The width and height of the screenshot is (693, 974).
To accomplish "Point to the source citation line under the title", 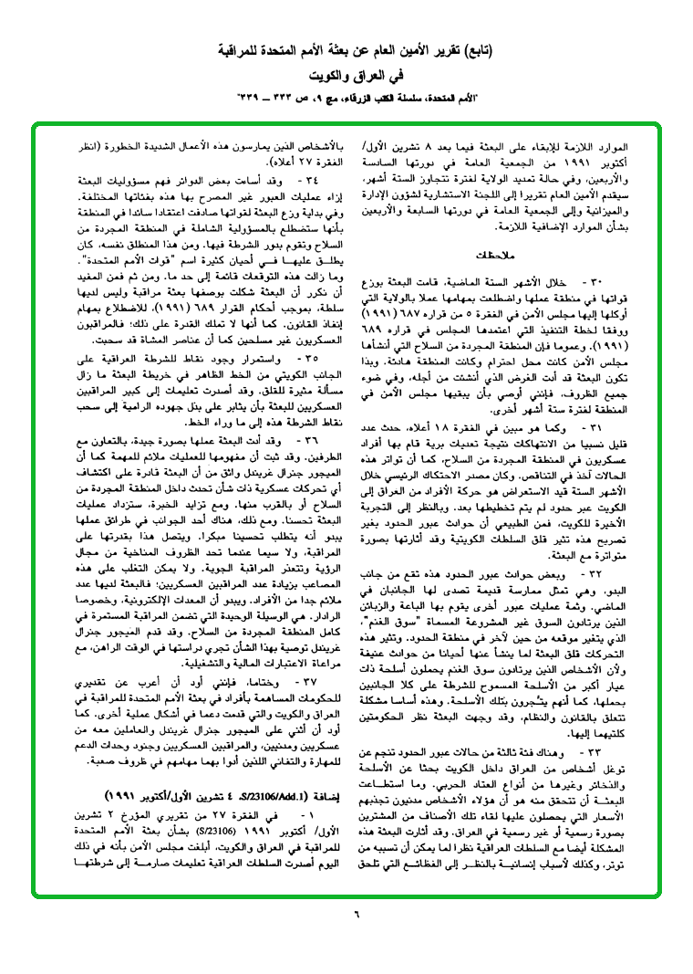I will click(x=346, y=95).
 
